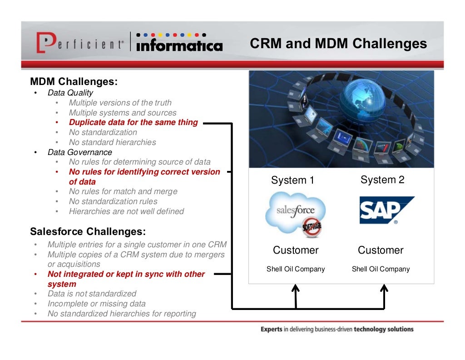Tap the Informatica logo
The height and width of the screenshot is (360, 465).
click(x=179, y=43)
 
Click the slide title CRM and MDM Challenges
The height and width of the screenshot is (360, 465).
click(x=338, y=44)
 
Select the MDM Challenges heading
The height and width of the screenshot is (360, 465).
click(x=74, y=82)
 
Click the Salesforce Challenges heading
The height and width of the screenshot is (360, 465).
click(x=88, y=231)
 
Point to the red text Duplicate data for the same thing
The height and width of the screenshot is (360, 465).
click(x=133, y=122)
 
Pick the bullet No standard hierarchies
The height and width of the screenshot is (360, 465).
click(x=112, y=142)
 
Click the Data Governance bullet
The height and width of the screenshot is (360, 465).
click(x=79, y=152)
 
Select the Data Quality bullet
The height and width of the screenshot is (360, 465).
click(x=70, y=93)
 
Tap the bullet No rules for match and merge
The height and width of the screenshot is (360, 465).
click(x=123, y=191)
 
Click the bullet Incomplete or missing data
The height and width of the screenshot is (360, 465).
click(x=96, y=304)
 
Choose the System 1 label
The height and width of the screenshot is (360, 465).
click(x=292, y=180)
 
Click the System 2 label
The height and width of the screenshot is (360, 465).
click(x=382, y=180)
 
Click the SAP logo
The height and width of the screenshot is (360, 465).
click(x=386, y=210)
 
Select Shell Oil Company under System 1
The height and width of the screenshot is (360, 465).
click(x=296, y=269)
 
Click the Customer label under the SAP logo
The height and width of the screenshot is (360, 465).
click(x=381, y=250)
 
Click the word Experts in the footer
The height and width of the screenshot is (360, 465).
click(x=271, y=329)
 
